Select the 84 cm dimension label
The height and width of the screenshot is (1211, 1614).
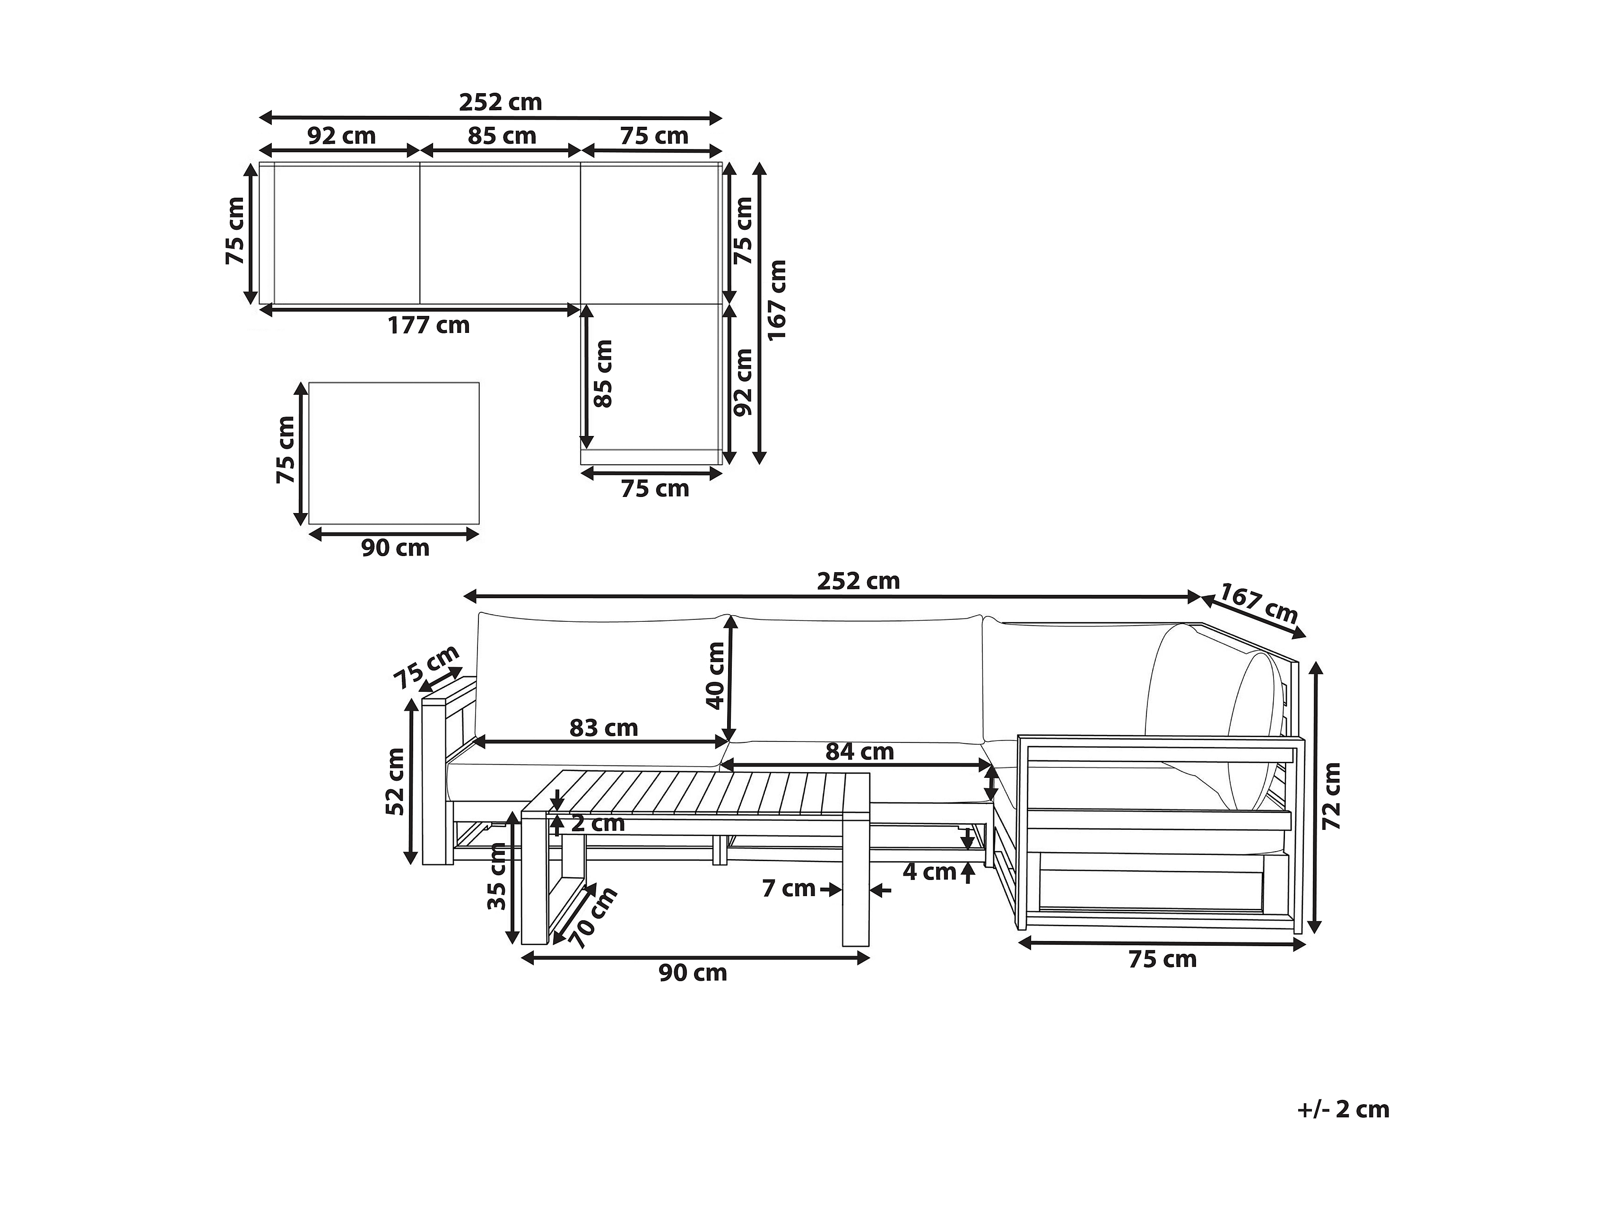tap(859, 751)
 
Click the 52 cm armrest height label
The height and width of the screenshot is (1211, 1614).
tap(395, 781)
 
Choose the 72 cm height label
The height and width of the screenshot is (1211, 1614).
tap(1332, 796)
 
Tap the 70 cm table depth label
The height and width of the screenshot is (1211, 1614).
tap(592, 917)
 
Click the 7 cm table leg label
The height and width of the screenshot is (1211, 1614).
tap(788, 889)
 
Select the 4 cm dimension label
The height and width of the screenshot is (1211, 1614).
tap(929, 871)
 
